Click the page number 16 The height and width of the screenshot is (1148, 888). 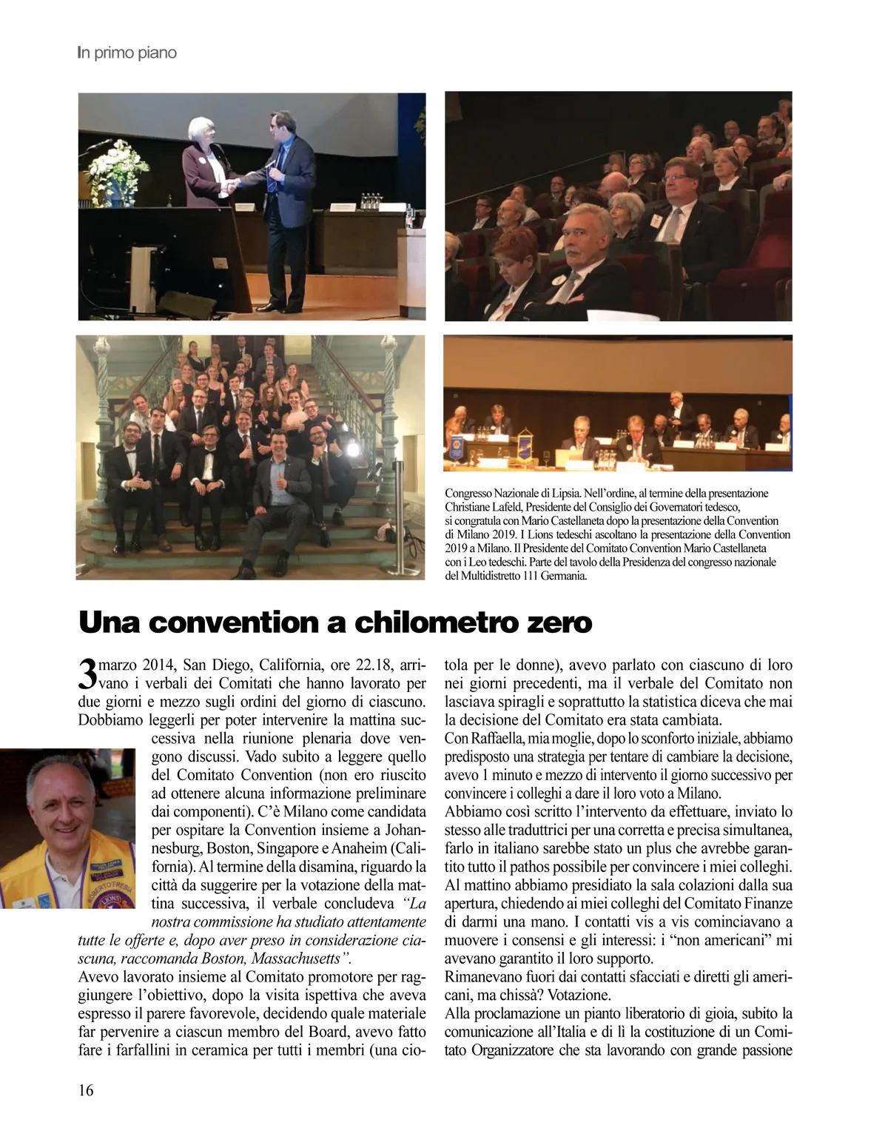point(86,1090)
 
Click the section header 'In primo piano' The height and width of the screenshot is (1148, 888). point(127,53)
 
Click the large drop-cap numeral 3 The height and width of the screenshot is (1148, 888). point(87,673)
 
